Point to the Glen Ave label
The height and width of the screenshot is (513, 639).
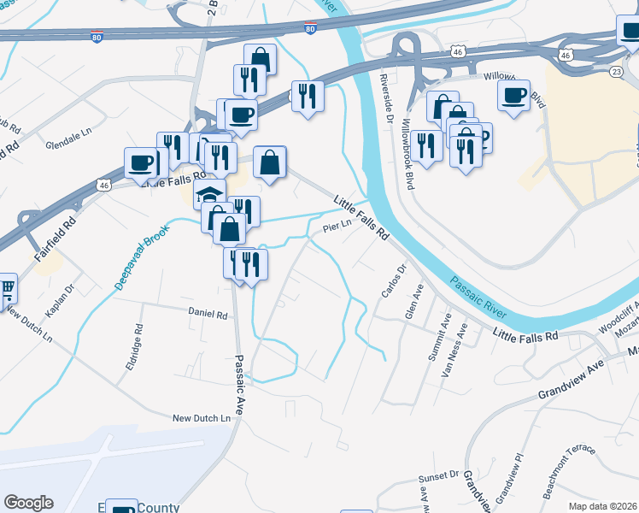[414, 302]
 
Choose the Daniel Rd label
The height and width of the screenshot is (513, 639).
[209, 315]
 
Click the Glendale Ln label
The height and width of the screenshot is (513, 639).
[68, 135]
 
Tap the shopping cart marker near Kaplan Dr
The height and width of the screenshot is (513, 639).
[7, 290]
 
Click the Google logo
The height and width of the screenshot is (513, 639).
[28, 503]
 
